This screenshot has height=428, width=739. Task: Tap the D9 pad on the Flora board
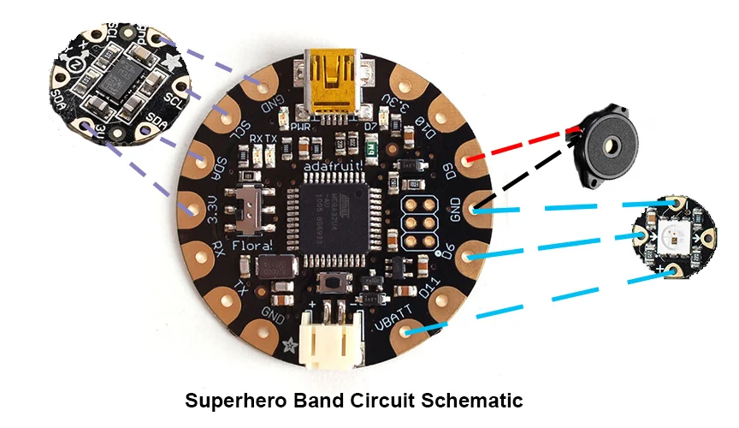(467, 160)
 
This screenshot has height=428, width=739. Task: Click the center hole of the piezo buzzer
(611, 146)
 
